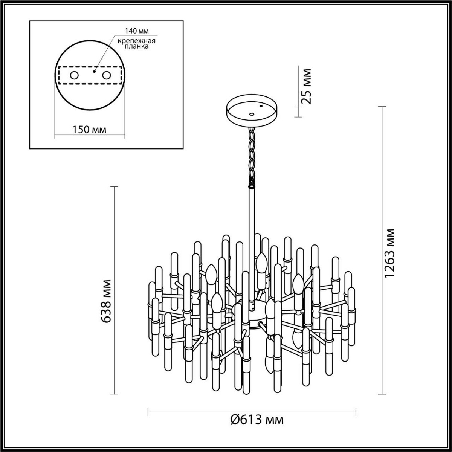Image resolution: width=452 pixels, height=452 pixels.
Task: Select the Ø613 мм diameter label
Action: coord(257,419)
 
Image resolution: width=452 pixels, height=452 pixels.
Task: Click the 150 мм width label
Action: coord(89,130)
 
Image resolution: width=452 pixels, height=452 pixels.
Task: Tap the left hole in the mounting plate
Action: coord(74,76)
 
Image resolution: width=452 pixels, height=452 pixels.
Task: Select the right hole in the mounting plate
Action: coord(107,76)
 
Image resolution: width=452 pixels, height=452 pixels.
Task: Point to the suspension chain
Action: coord(251,154)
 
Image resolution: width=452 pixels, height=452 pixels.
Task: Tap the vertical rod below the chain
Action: coord(251,234)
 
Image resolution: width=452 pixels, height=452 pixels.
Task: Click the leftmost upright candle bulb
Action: coord(211,273)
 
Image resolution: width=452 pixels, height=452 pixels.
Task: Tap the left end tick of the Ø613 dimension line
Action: coord(148,412)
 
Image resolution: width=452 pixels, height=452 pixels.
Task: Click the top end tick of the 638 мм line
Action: coord(114,186)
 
